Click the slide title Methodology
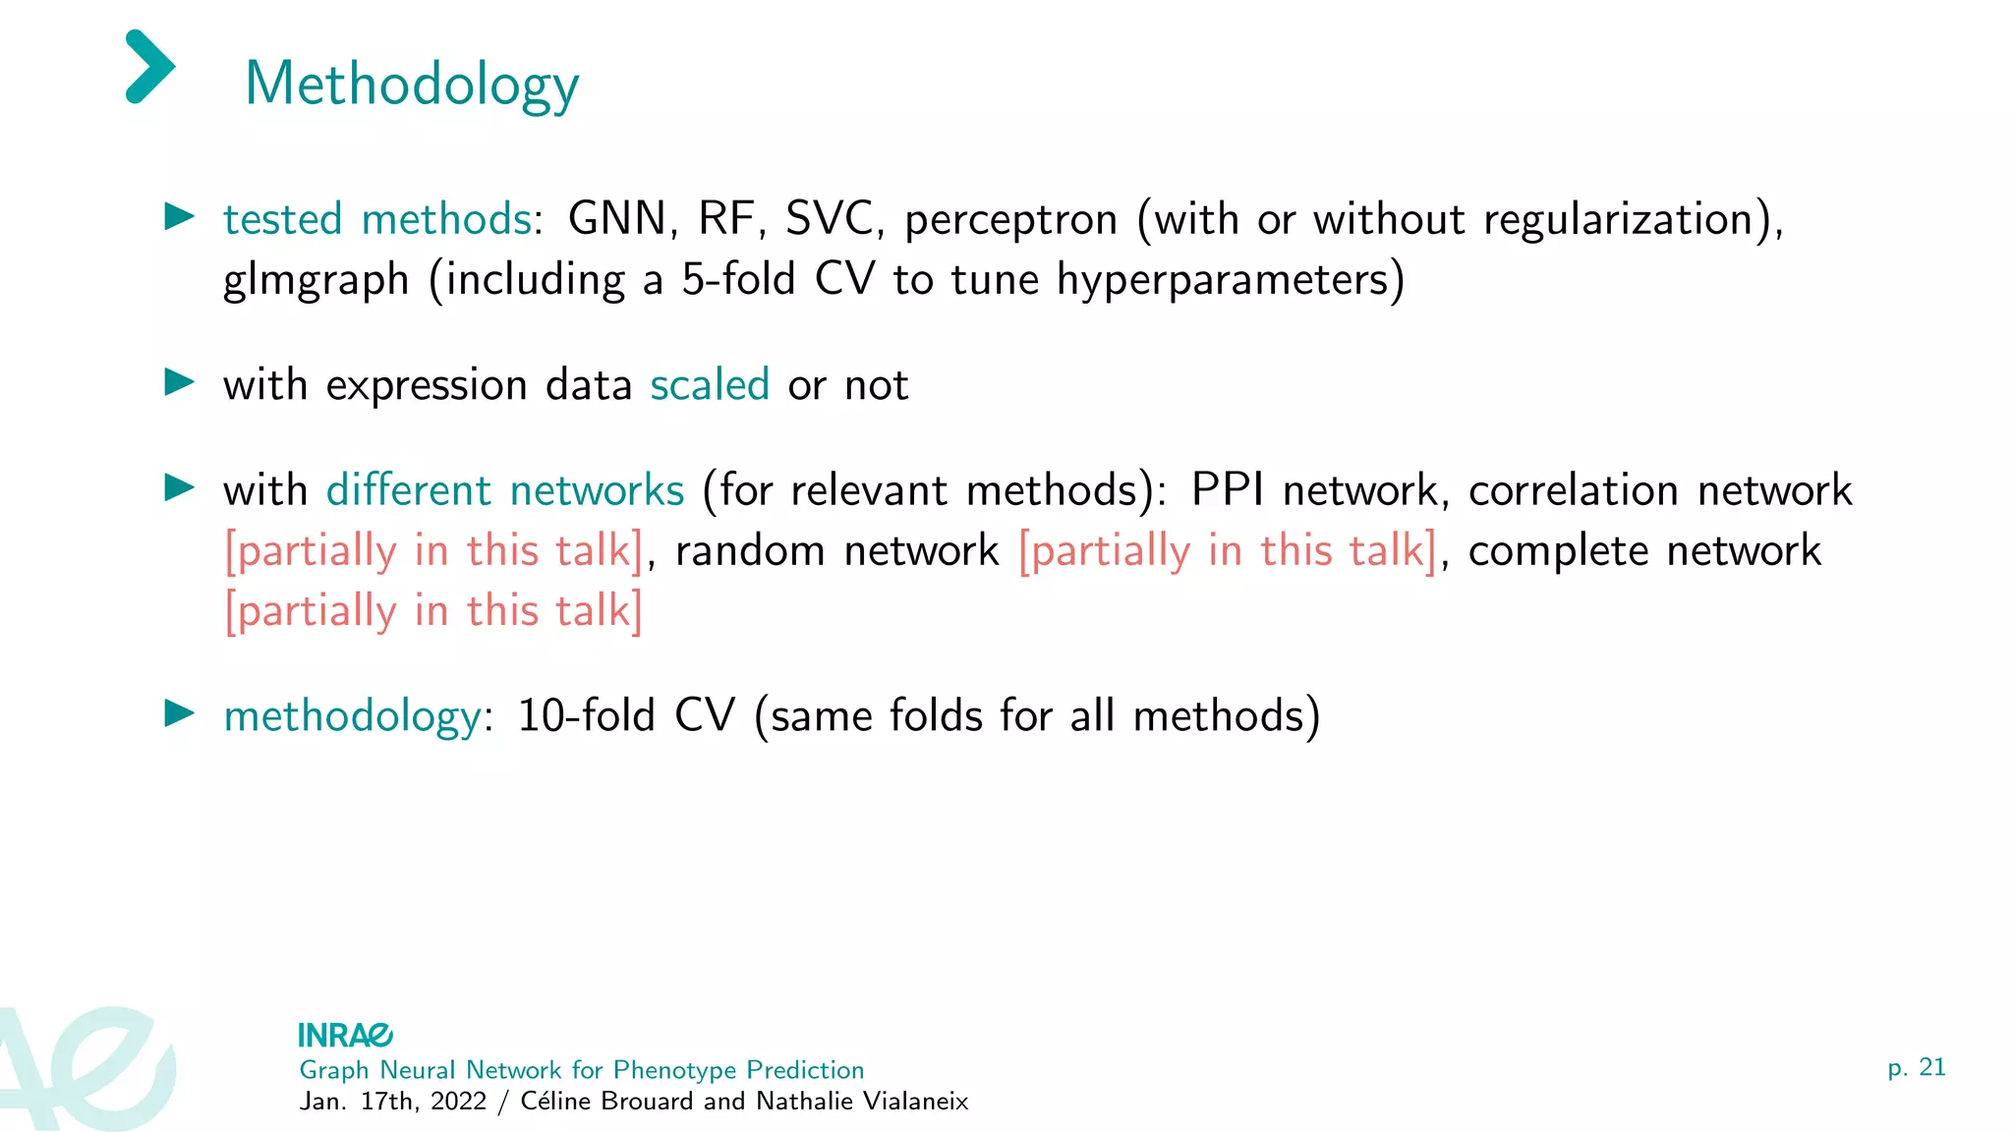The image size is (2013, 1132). click(411, 85)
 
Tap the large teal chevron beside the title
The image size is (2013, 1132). click(149, 67)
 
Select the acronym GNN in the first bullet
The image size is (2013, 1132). click(617, 218)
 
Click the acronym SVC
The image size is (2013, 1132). click(829, 218)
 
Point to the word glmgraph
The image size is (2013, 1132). click(316, 281)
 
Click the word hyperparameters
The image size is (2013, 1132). click(1230, 281)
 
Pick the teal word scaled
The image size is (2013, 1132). click(709, 384)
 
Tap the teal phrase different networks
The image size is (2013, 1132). click(504, 490)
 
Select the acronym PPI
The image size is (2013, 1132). click(1227, 490)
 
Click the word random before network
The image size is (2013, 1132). click(750, 550)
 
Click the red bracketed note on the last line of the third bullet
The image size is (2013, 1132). click(433, 611)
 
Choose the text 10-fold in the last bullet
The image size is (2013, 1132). click(586, 715)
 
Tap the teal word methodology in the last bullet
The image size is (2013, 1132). click(352, 716)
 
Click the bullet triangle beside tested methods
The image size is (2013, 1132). click(179, 216)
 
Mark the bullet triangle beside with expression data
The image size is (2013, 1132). click(179, 382)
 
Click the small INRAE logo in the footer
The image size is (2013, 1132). click(345, 1035)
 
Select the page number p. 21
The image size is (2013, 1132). click(1916, 1068)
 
